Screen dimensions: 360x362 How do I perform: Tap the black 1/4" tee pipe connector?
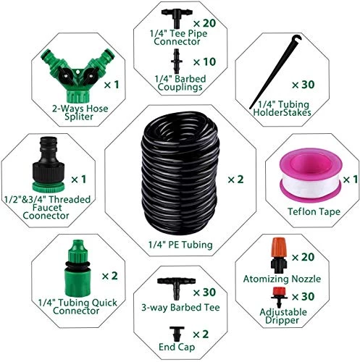(x=177, y=17)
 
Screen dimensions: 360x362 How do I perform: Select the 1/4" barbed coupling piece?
(x=177, y=62)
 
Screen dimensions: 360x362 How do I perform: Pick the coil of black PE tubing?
(x=180, y=174)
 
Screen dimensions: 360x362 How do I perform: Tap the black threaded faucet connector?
(x=49, y=164)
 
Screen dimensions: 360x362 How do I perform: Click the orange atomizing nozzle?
(x=279, y=256)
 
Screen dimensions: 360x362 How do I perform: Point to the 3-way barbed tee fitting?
(x=176, y=287)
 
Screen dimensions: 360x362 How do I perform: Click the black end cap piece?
(x=177, y=334)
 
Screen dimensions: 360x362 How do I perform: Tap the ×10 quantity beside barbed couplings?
(x=204, y=62)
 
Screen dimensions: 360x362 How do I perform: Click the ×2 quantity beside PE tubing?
(x=235, y=180)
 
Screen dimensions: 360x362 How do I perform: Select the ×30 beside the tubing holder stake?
(x=303, y=85)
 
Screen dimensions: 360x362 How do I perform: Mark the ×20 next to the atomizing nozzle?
(x=303, y=257)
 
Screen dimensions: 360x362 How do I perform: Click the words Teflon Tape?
(x=314, y=211)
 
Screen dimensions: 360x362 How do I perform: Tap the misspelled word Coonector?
(x=46, y=216)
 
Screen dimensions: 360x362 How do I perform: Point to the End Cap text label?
(x=177, y=348)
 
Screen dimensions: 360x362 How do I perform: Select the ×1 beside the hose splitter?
(x=112, y=85)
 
